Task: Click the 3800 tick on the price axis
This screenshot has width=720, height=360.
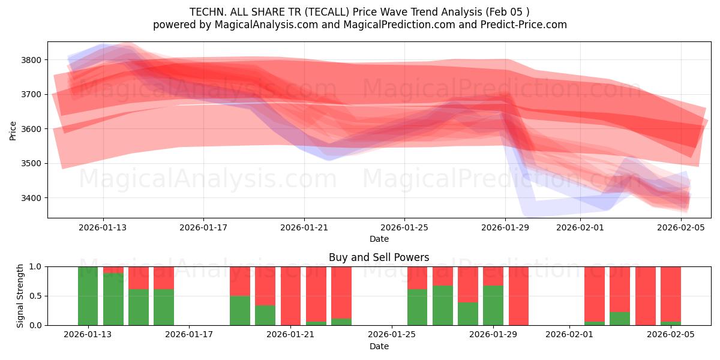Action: [31, 60]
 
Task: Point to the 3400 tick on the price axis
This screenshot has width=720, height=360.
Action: [31, 198]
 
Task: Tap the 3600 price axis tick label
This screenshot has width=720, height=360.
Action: [31, 129]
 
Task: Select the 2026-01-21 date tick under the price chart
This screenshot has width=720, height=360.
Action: [304, 227]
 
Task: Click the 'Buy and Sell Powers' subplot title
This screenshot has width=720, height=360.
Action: [379, 257]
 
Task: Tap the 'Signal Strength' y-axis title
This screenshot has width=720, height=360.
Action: [20, 295]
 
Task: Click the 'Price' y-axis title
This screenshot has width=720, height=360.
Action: [13, 130]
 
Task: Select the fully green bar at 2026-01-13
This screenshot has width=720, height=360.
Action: [88, 296]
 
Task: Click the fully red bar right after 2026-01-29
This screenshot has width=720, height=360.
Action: [518, 296]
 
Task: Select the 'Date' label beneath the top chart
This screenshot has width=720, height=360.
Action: [379, 239]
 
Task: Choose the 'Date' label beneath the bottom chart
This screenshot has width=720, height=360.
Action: [379, 346]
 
